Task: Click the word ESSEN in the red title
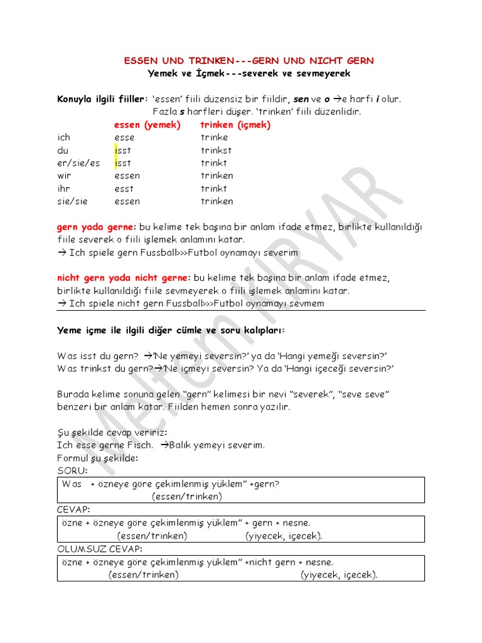[139, 61]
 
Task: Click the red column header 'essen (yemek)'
[147, 125]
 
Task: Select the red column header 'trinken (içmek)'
[235, 125]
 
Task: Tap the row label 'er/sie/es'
[78, 163]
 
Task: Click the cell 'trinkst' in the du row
[216, 151]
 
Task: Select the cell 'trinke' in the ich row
[214, 138]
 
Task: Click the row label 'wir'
[64, 176]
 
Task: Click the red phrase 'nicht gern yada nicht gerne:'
[123, 278]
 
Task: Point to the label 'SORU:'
[72, 470]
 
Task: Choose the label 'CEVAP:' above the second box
[73, 509]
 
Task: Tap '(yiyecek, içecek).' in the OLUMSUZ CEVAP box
[339, 575]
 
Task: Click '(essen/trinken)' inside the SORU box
[186, 496]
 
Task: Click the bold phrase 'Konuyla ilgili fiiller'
[100, 99]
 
